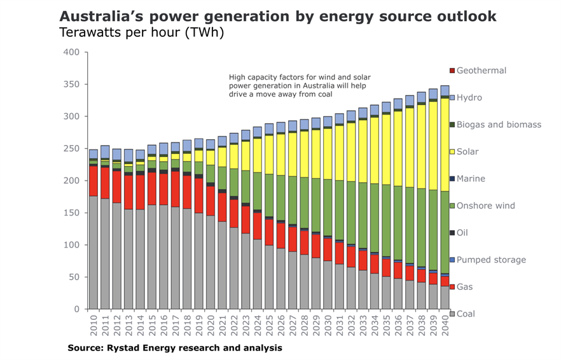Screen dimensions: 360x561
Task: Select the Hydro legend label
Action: [469, 98]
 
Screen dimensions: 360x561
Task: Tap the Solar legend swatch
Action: [452, 152]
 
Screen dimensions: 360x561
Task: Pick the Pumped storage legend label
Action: [491, 260]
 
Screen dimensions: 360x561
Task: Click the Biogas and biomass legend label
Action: [499, 125]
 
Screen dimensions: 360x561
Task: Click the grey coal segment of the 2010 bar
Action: [93, 254]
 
